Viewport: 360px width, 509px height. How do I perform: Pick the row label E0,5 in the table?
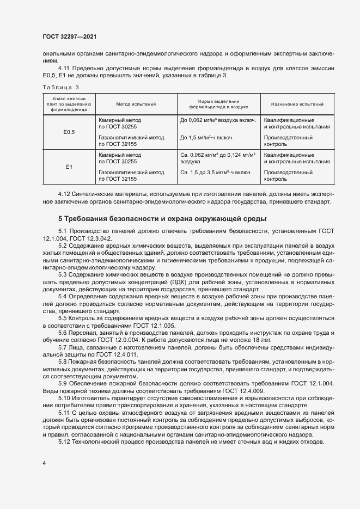pyautogui.click(x=69, y=132)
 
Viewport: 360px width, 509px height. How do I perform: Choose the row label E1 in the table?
pyautogui.click(x=69, y=167)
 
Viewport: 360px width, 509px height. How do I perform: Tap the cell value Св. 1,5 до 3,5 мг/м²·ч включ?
pyautogui.click(x=216, y=172)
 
